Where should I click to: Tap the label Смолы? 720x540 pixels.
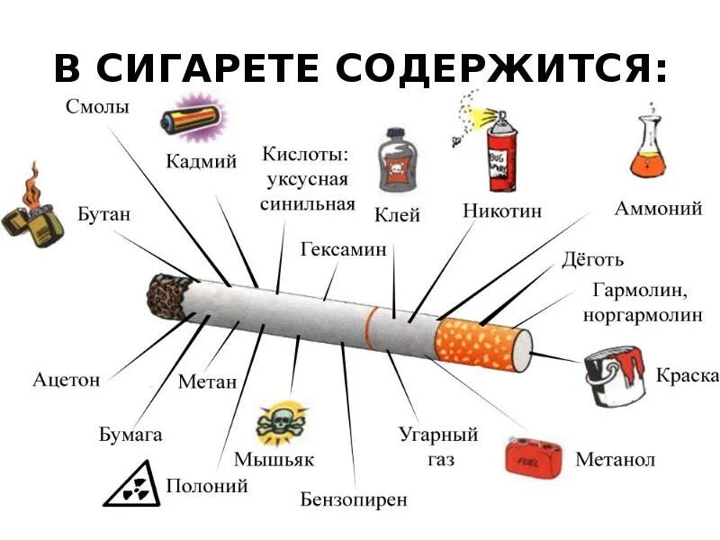(x=97, y=107)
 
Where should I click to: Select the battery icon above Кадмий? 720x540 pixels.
(x=192, y=120)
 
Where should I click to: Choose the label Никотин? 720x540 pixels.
(x=502, y=212)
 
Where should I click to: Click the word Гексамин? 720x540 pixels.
(x=343, y=248)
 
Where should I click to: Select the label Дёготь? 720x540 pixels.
(x=592, y=259)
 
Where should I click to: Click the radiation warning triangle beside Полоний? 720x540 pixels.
(x=132, y=486)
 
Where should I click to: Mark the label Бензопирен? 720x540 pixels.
(x=354, y=499)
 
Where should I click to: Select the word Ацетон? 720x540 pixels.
(x=66, y=379)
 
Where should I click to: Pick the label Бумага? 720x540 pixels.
(x=130, y=435)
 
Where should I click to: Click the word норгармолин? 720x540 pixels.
(x=651, y=316)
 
